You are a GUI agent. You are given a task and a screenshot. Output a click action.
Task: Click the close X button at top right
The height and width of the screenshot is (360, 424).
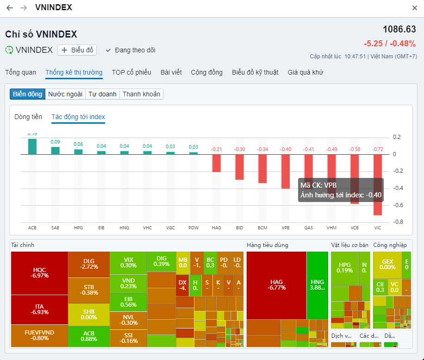(414, 8)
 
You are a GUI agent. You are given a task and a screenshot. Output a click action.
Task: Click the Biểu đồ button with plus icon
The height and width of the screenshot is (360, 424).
(77, 50)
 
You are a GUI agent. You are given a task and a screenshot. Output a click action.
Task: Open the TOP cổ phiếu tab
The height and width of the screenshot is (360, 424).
(131, 72)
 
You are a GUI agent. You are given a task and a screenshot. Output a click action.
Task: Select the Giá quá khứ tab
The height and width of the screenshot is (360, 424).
(306, 72)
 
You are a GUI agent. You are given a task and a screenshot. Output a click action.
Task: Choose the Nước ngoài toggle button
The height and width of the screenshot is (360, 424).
(65, 94)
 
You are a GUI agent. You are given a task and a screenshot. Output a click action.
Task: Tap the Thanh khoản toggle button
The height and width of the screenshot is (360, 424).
(141, 94)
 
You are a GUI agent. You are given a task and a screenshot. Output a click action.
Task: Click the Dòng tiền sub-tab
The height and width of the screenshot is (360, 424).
(28, 117)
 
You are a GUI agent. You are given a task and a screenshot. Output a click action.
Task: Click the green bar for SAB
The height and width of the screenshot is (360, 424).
(55, 151)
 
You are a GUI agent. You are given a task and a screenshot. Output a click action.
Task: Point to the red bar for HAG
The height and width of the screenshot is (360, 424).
(217, 163)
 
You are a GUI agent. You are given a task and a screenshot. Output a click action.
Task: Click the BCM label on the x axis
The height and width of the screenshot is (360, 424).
(262, 228)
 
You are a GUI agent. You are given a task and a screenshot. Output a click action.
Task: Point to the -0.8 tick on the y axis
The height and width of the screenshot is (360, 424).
(397, 222)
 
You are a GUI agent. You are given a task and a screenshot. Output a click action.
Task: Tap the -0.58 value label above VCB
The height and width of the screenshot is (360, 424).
(355, 149)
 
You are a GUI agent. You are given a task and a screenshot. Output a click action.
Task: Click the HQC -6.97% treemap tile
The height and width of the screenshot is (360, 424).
(39, 273)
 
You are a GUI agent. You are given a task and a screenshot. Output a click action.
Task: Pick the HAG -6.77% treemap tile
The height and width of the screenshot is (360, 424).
(276, 284)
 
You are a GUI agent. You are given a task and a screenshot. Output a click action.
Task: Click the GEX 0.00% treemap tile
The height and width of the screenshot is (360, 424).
(387, 265)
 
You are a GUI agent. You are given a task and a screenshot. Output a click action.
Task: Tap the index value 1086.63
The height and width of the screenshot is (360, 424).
(399, 29)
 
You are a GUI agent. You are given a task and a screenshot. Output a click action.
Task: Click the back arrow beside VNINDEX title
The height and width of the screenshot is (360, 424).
(10, 8)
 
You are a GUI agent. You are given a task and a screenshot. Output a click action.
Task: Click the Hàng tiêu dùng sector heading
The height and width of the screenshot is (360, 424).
(268, 245)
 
